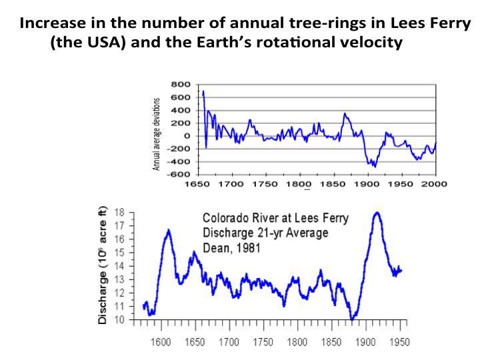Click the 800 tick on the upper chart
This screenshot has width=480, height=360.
tap(181, 85)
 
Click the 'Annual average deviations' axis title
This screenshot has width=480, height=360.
tap(157, 134)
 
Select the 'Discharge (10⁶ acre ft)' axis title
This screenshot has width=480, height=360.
tap(103, 265)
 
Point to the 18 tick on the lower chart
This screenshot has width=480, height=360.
tap(120, 212)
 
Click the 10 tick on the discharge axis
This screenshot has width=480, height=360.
tap(120, 320)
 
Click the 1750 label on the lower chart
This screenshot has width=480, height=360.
tap(263, 342)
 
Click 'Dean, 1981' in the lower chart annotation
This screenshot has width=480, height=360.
tap(231, 247)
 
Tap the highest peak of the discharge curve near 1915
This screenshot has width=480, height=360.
tap(377, 213)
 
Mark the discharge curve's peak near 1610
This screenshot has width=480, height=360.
tap(168, 230)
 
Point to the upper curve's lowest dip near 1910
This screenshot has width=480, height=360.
tap(374, 165)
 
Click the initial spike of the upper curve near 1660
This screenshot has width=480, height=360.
tap(203, 91)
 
